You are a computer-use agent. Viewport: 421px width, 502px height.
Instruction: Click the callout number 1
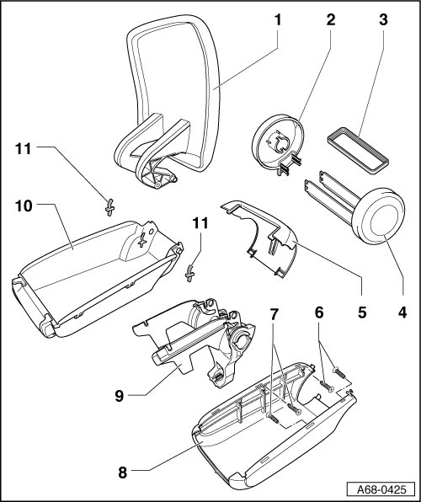click(278, 20)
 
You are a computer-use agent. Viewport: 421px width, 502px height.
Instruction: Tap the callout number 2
click(331, 20)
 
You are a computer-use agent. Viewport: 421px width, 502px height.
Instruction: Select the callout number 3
click(383, 20)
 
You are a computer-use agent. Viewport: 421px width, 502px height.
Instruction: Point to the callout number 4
click(402, 312)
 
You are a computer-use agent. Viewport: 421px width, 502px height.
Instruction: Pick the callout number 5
click(362, 312)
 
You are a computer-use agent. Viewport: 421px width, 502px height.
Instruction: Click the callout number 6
click(319, 312)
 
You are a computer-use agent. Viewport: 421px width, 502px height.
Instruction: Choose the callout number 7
click(273, 315)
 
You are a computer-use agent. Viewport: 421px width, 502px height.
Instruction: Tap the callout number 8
click(123, 473)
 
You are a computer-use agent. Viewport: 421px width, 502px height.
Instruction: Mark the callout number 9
click(119, 396)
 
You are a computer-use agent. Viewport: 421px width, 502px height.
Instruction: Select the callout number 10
click(24, 206)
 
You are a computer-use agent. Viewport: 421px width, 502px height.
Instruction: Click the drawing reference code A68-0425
click(381, 489)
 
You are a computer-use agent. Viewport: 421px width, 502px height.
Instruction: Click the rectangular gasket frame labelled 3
click(358, 151)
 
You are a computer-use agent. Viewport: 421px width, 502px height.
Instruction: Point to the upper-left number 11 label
click(24, 149)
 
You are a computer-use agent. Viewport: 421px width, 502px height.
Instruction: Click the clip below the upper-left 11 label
click(109, 207)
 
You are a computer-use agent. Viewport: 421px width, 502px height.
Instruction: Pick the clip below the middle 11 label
click(190, 274)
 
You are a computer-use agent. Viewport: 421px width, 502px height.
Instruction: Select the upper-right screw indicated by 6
click(340, 373)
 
